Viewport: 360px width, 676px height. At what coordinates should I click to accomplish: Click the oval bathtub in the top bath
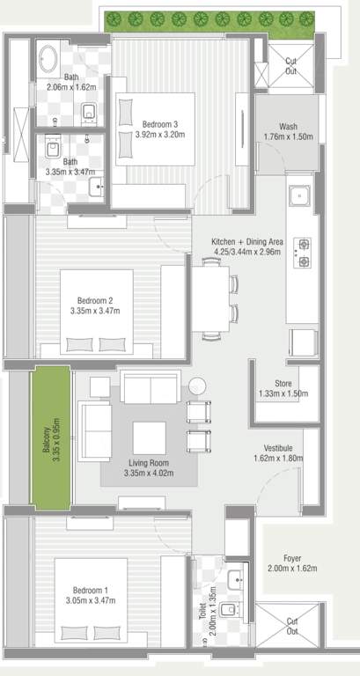[48, 60]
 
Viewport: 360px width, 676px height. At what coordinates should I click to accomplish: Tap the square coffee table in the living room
[149, 437]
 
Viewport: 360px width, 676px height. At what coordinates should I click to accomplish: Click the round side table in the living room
[197, 386]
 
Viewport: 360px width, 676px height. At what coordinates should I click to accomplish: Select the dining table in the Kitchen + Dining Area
[210, 298]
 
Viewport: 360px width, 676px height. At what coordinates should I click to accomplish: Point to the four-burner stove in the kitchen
[304, 253]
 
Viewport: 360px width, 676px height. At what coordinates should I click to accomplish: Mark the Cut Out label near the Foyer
[291, 626]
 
